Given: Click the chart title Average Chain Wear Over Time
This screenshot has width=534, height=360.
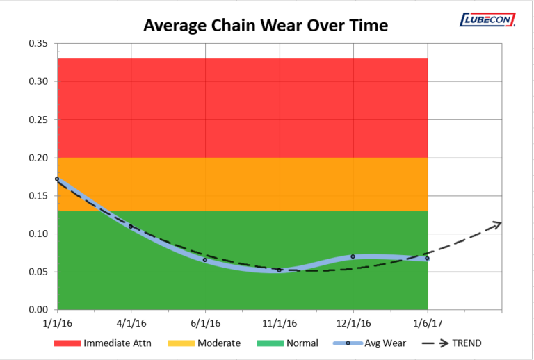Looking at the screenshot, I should (x=265, y=26).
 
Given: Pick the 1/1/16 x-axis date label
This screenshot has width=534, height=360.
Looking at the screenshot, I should (x=57, y=323).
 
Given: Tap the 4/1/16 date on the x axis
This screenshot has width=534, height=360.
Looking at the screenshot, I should (x=131, y=323).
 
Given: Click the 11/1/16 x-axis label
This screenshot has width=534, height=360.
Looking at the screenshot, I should (x=279, y=323).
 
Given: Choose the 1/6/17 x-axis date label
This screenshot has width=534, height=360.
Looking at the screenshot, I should (x=427, y=323).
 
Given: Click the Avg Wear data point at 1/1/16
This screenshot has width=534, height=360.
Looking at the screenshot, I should (x=57, y=179).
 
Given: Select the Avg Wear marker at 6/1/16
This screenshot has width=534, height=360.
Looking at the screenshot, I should (x=205, y=260).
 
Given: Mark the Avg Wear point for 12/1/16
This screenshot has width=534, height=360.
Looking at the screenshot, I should (x=353, y=256).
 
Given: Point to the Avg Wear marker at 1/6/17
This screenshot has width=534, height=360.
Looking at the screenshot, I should (x=427, y=259).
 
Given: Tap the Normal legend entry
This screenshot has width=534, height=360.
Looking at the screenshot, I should (x=288, y=343).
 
